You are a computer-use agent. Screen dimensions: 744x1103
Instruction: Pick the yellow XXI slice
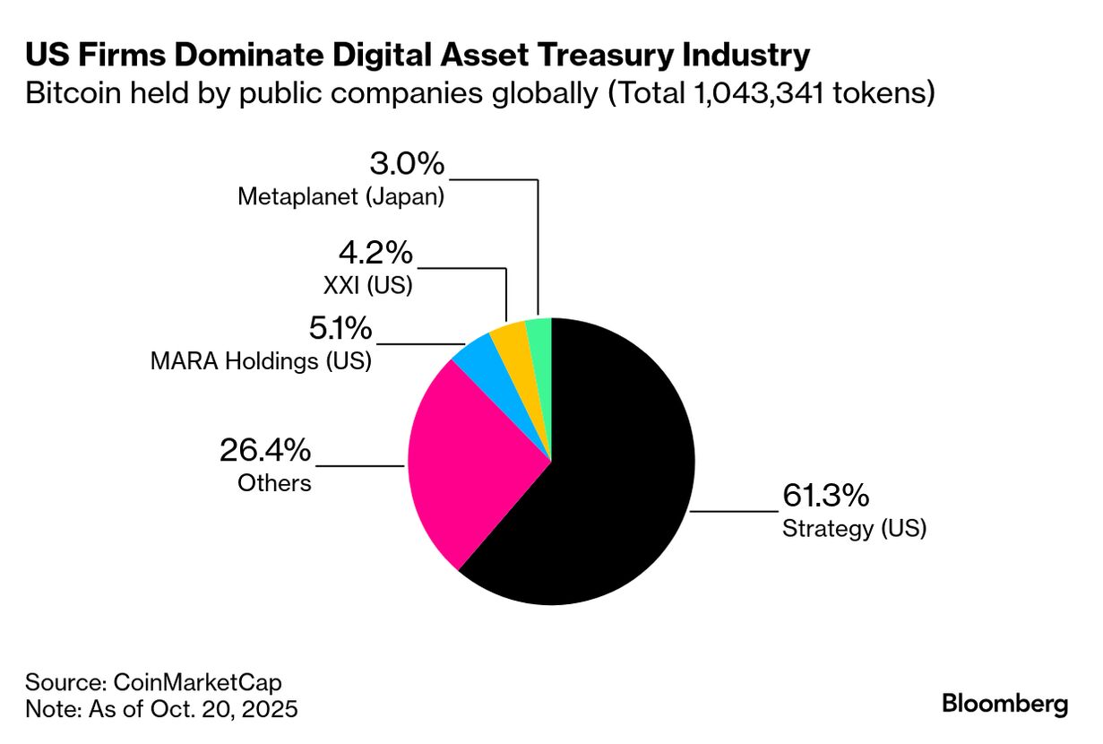point(511,336)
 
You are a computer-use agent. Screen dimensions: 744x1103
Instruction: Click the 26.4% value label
point(267,449)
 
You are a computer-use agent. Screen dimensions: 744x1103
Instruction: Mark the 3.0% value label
point(407,164)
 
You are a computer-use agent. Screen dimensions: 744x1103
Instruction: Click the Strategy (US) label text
point(854,528)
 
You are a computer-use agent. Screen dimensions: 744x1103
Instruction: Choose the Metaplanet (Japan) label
point(340,197)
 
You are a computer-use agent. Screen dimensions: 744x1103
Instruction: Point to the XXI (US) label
point(368,287)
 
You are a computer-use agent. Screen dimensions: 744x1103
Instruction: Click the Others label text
point(274,483)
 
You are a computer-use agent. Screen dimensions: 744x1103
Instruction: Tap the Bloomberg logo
point(1004,704)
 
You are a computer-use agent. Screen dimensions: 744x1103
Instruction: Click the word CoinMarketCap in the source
point(198,680)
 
